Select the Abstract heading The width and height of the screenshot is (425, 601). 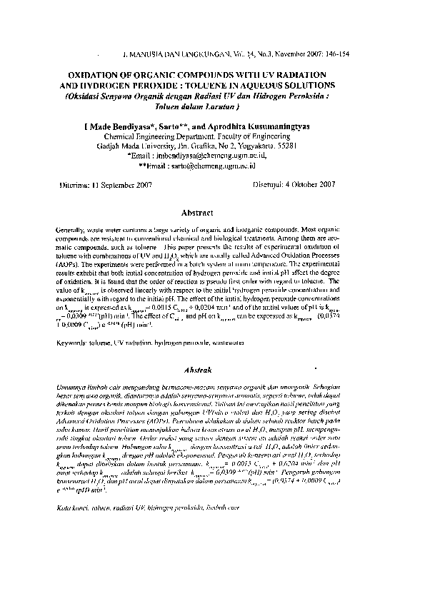(199, 213)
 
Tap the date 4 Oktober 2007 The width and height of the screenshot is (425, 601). (307, 184)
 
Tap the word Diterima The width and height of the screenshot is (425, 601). (73, 184)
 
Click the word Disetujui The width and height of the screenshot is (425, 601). (269, 184)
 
